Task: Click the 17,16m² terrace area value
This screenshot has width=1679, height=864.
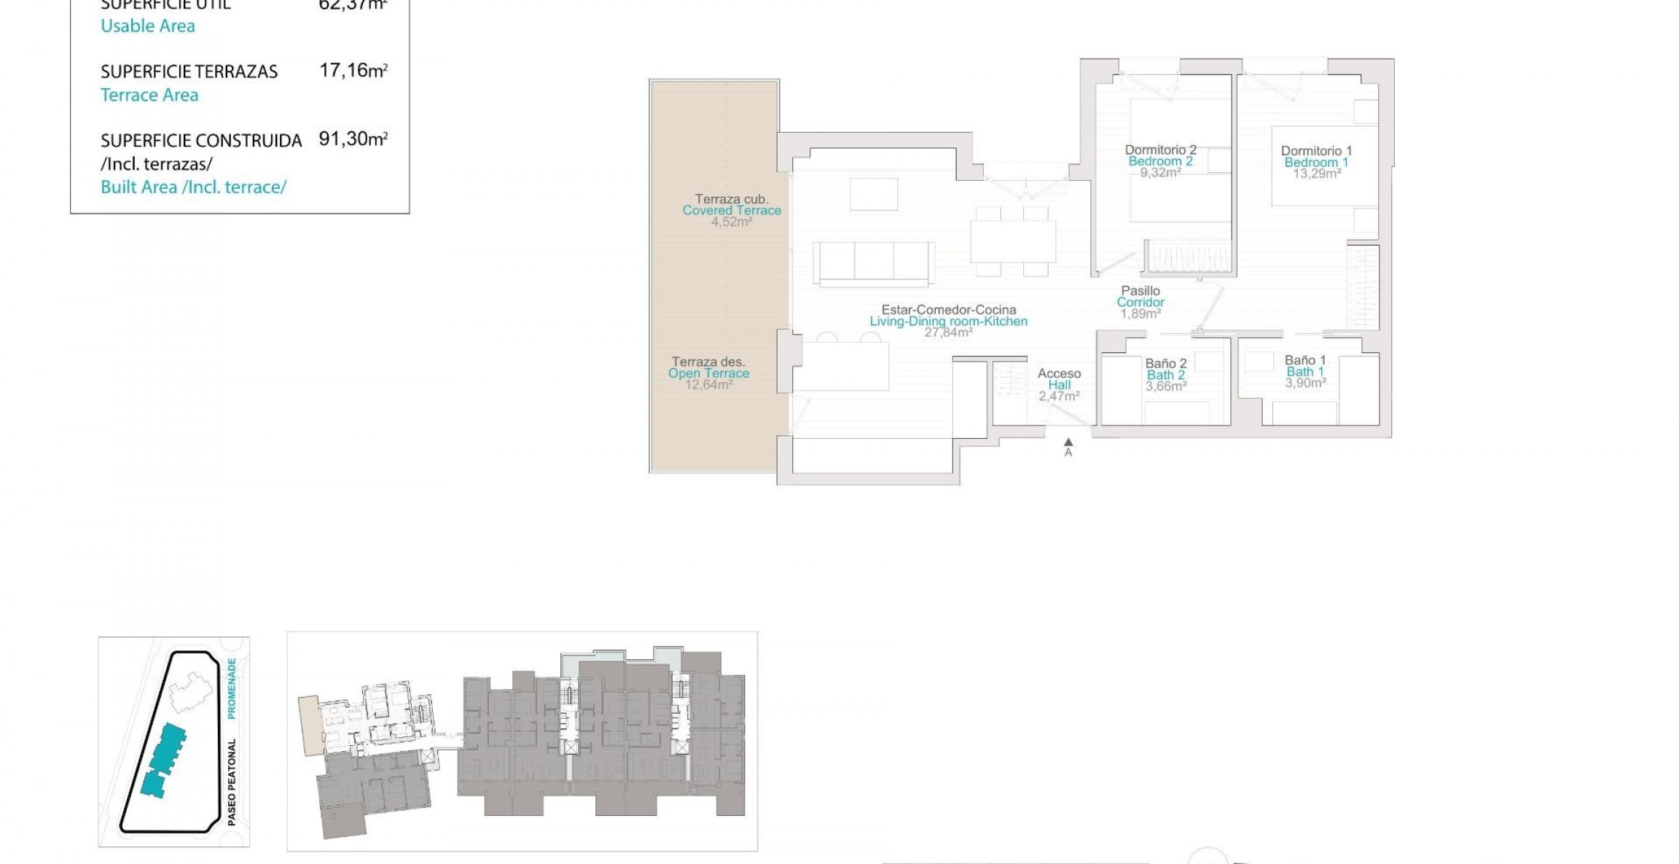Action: coord(353,71)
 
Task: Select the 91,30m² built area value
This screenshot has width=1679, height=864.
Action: coord(353,139)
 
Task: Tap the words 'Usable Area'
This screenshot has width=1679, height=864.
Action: coord(148,26)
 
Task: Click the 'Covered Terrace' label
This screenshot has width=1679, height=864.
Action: coord(732,210)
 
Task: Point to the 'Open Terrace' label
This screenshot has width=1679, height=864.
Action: coord(708,373)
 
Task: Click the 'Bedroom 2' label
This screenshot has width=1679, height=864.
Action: coord(1160,161)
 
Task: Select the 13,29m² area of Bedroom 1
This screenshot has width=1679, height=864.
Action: coord(1316,174)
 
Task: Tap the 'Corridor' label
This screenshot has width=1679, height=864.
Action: coord(1140,302)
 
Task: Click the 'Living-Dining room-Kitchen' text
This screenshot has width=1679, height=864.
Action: coord(948,321)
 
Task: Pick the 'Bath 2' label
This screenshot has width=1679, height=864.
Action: coord(1166,375)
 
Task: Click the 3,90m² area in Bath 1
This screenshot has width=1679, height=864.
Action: coord(1305,383)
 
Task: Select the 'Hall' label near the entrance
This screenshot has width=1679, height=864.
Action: coord(1059,385)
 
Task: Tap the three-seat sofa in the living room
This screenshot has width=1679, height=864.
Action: coord(874,261)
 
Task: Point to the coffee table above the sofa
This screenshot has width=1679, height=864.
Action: coord(874,194)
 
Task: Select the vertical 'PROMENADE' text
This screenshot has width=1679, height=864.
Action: coord(232,688)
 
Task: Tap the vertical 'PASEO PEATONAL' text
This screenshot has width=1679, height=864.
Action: coord(232,782)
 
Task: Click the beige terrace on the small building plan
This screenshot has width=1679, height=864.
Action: coord(309,724)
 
